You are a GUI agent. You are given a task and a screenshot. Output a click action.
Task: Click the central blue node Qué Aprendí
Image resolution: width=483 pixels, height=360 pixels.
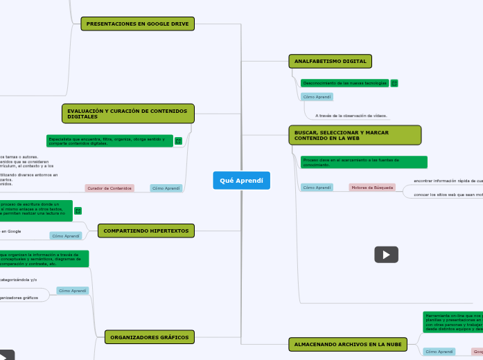point(241,181)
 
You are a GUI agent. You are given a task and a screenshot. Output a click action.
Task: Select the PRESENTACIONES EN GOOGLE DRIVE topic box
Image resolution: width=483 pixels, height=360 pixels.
point(138,24)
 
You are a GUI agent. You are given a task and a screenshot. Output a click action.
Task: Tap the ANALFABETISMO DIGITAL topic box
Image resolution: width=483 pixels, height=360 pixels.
point(330,62)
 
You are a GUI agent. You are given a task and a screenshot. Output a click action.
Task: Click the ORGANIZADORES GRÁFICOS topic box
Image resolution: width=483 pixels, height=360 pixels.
point(149,337)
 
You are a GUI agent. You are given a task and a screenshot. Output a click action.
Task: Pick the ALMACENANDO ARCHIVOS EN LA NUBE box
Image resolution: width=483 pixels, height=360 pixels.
point(347,343)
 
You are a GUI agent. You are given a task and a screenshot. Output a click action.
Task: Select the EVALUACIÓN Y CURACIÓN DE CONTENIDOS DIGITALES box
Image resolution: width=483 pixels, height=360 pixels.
point(128,114)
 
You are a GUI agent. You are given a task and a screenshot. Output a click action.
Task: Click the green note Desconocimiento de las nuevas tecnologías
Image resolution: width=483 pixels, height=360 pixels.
point(344,83)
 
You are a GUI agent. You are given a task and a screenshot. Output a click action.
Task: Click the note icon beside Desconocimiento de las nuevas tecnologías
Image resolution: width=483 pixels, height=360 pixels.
point(394,83)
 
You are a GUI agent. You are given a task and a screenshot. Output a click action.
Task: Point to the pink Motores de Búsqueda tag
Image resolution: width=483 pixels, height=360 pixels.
point(371,188)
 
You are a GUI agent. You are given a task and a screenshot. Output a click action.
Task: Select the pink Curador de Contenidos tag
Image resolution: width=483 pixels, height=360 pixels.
point(109,188)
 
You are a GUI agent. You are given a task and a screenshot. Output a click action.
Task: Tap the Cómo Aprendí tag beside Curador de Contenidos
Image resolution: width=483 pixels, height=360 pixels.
point(166,188)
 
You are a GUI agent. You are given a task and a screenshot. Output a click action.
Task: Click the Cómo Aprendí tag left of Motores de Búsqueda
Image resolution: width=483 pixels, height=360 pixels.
point(317,188)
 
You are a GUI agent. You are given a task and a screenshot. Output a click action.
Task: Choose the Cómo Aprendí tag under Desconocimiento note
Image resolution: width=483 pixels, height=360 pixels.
point(317,97)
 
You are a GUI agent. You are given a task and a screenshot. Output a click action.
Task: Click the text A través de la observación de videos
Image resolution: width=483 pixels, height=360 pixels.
point(351,116)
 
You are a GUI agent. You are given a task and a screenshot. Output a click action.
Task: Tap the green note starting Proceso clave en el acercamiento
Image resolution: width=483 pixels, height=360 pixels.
point(364,162)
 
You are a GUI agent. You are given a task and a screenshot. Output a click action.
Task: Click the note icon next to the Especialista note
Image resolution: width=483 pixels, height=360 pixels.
point(178,141)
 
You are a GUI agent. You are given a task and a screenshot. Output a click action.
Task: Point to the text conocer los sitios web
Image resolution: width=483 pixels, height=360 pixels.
point(448,195)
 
